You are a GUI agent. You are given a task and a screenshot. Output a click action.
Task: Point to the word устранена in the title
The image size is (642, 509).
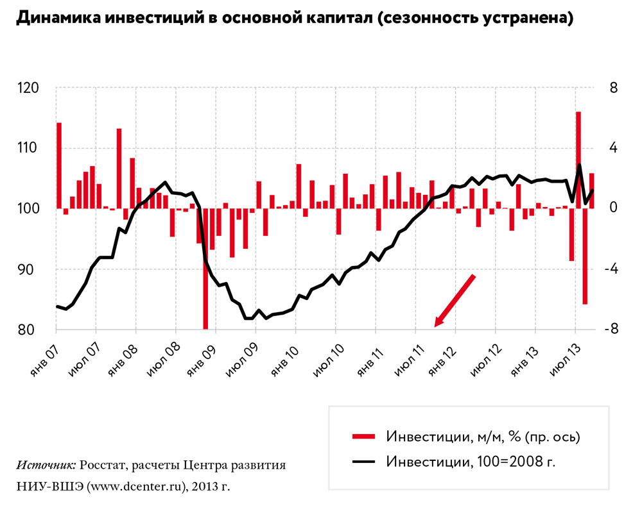[530, 19]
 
